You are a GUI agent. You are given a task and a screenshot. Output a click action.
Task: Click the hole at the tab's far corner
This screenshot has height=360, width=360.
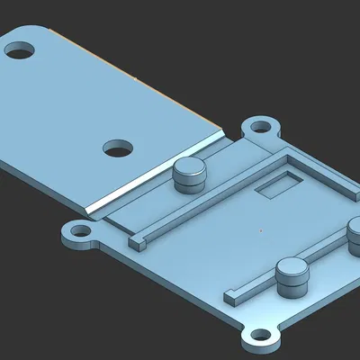click(x=20, y=49)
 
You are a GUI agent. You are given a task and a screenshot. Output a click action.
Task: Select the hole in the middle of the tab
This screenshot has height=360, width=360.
click(x=117, y=148)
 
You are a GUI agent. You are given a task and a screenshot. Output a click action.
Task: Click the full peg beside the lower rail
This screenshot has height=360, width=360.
click(x=292, y=281)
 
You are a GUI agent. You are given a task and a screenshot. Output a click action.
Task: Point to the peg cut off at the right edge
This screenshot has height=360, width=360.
click(x=355, y=238)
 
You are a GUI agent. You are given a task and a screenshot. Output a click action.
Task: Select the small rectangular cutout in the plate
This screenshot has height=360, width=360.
click(x=275, y=186)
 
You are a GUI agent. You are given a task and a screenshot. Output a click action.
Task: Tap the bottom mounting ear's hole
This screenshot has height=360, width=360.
click(x=259, y=338)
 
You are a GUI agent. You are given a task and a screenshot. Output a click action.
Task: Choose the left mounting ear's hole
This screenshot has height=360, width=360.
click(x=78, y=232)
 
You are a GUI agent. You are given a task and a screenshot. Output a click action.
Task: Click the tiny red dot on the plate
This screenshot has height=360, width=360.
click(x=260, y=229)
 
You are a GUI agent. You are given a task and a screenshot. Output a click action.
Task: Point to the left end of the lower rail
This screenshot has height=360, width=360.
click(x=231, y=293)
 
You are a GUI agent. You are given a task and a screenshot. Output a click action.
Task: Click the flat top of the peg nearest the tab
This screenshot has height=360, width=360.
click(x=189, y=166)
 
